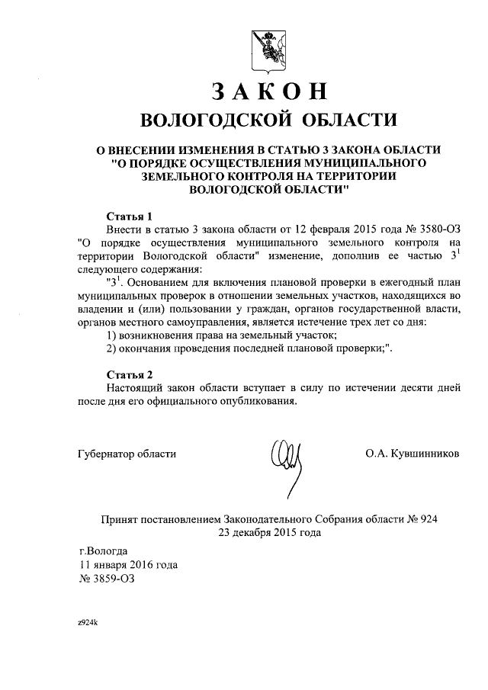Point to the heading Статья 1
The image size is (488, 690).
click(129, 215)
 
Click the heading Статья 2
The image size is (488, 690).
click(129, 374)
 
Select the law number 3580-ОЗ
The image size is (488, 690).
click(435, 229)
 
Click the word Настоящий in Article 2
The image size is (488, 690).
click(131, 388)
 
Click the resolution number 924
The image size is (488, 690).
click(429, 519)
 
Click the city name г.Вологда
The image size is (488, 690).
click(104, 550)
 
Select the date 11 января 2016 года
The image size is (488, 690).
click(129, 565)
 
